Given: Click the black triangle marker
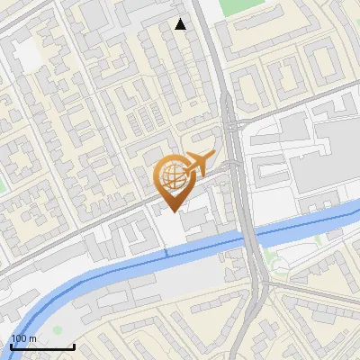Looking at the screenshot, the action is tap(181, 24).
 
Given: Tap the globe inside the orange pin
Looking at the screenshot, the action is tap(171, 175).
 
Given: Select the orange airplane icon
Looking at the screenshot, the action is tap(198, 164).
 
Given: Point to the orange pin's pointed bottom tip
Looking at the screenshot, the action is tap(171, 211).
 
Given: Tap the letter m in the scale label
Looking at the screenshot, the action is tap(33, 338).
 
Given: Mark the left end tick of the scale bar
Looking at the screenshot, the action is tap(10, 345).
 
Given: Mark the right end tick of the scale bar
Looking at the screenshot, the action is tap(74, 345).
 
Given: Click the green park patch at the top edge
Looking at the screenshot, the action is tap(237, 6).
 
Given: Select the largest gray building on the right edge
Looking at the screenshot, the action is tap(337, 153).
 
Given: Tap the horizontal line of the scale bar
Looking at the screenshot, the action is tap(41, 346).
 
